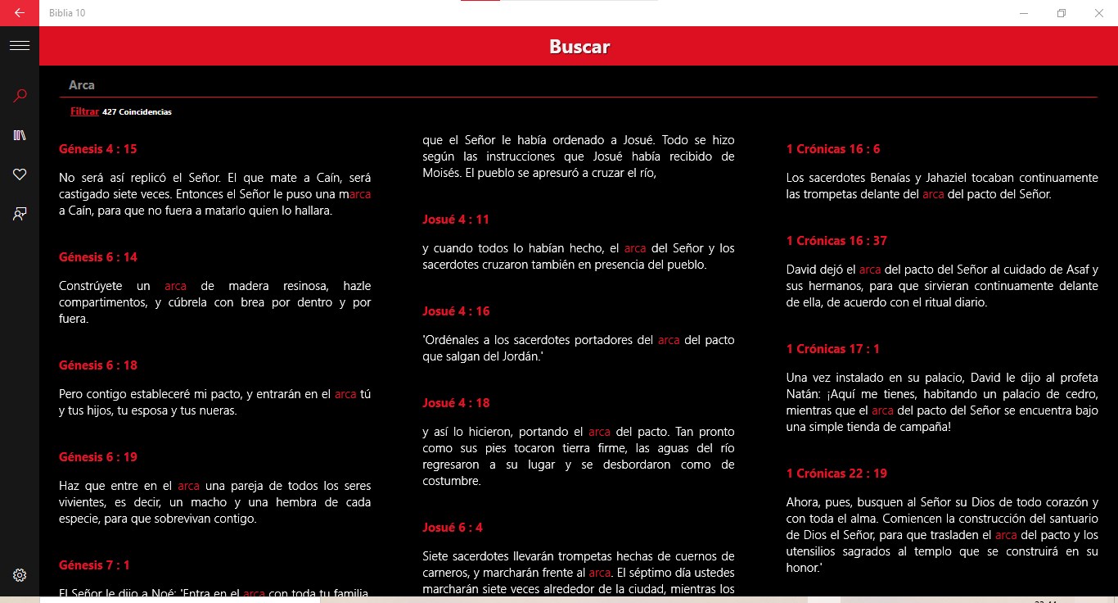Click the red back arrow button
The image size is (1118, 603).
click(20, 13)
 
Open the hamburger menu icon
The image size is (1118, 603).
click(20, 46)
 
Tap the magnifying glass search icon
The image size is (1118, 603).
click(20, 96)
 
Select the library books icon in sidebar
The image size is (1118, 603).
click(20, 135)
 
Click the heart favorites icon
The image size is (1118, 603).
click(20, 174)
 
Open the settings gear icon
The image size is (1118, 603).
click(20, 575)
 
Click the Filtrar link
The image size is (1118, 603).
click(84, 111)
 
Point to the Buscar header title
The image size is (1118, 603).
click(579, 47)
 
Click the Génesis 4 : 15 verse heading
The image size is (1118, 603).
click(98, 149)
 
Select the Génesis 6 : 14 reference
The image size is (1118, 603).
click(98, 257)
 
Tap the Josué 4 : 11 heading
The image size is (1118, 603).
click(456, 220)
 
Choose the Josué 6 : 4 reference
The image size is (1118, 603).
click(453, 528)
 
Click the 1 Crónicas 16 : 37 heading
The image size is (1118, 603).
click(836, 241)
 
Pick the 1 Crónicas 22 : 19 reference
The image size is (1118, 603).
click(836, 474)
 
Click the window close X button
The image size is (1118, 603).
click(1099, 13)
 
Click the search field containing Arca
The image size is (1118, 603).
click(573, 85)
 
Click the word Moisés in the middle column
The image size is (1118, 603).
click(441, 173)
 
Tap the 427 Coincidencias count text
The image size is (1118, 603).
click(137, 112)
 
